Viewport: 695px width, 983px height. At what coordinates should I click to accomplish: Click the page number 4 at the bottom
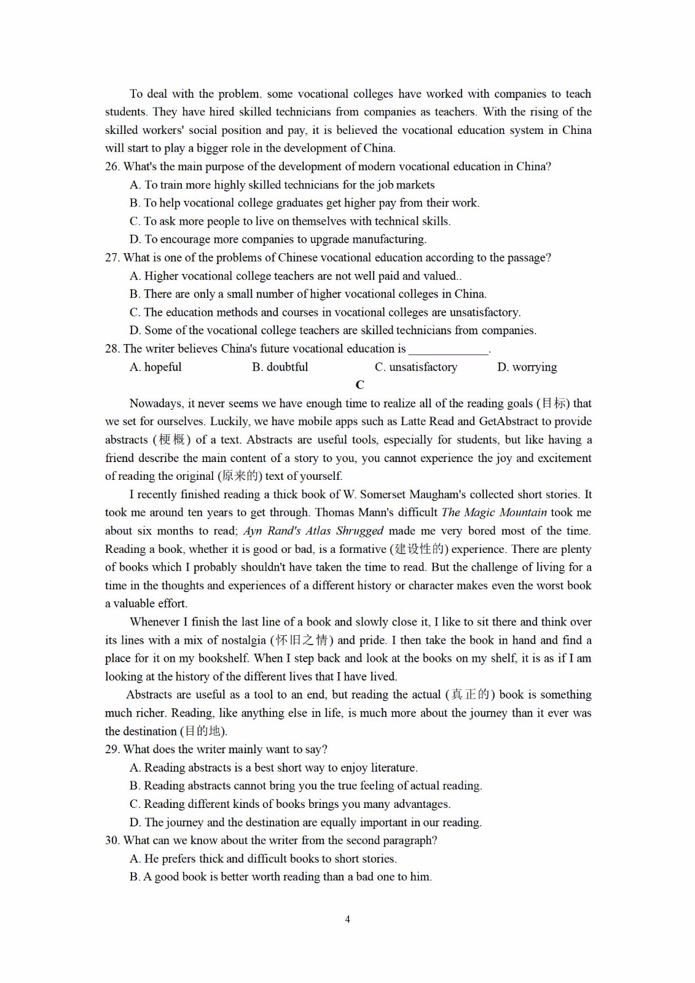348,919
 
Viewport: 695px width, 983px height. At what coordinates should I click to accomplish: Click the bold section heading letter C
360,385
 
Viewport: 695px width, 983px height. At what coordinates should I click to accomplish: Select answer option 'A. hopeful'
155,367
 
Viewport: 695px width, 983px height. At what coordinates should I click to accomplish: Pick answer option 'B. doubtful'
280,367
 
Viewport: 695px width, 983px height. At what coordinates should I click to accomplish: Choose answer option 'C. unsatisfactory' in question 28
416,367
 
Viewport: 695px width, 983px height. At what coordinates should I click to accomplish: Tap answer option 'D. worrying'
527,367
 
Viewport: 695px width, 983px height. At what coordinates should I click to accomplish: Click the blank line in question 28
448,350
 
